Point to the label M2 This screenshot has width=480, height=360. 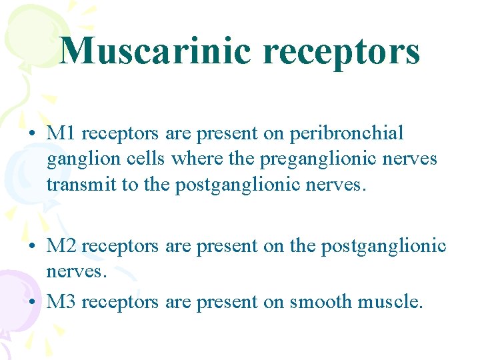pos(61,246)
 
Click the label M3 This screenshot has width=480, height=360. pos(61,302)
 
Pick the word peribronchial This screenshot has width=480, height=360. pos(347,133)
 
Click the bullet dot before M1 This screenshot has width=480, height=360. pos(32,133)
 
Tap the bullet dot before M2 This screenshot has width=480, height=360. pos(32,247)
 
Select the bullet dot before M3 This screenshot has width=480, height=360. pos(32,303)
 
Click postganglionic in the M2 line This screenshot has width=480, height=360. pos(383,247)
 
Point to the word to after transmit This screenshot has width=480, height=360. pos(129,185)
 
